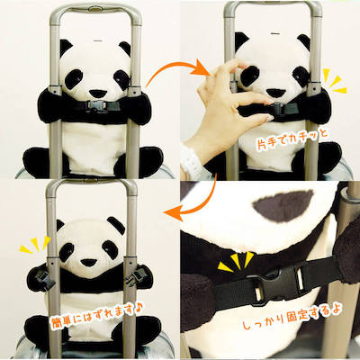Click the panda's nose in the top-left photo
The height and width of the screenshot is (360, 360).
[x=97, y=94]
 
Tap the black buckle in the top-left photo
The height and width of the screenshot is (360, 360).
[x=96, y=105]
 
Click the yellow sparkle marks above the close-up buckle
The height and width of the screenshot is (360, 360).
[x=236, y=261]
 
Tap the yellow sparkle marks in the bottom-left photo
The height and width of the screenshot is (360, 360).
[x=35, y=244]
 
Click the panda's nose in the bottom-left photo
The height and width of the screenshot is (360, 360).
[x=89, y=263]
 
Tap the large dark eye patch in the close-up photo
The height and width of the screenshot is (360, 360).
[x=283, y=205]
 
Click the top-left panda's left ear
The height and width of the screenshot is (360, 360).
[x=66, y=48]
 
